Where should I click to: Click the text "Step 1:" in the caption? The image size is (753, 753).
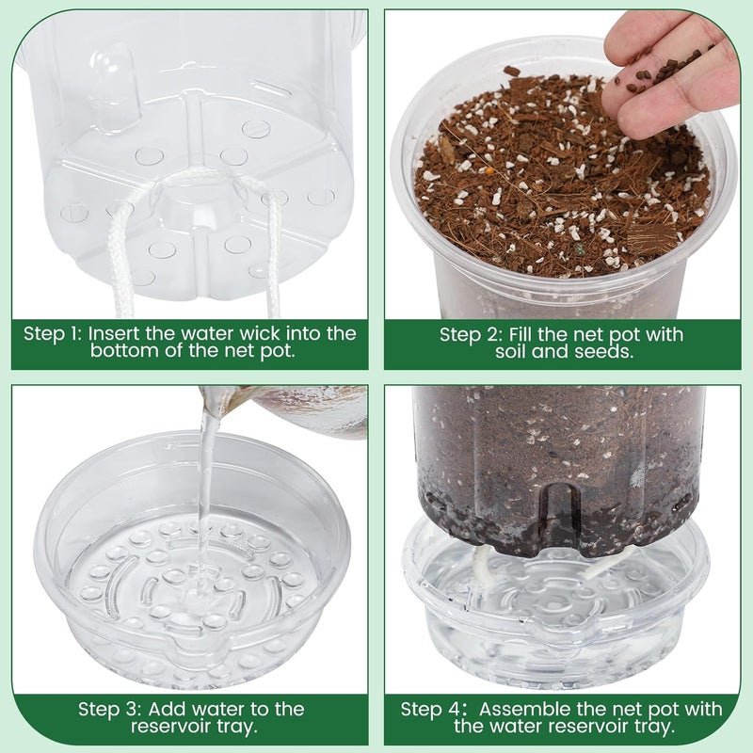[x=55, y=333]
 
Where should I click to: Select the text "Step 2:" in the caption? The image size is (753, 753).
[x=468, y=334]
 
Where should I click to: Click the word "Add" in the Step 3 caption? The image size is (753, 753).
[x=168, y=708]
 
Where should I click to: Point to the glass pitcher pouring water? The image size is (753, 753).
[x=301, y=409]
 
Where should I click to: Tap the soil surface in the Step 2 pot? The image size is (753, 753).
[x=555, y=179]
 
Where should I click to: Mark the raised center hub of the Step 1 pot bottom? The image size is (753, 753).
[x=198, y=202]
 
